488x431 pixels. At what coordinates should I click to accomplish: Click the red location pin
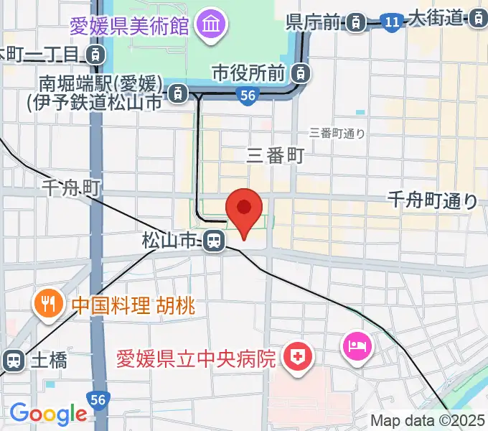point(244,210)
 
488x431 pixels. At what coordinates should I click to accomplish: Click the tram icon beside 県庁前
point(355,24)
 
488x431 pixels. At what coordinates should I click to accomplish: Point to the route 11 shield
point(391,23)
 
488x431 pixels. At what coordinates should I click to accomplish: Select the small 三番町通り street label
point(337,133)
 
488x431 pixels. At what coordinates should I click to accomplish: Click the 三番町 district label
point(276,154)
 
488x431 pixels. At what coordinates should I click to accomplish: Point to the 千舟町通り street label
point(432,200)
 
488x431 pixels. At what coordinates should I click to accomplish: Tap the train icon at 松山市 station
point(212,241)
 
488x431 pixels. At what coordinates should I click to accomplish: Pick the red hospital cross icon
point(295,357)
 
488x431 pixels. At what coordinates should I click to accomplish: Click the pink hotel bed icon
point(357,346)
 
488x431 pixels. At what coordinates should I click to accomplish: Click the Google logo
point(48,414)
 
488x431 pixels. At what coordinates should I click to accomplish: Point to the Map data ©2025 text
point(428,421)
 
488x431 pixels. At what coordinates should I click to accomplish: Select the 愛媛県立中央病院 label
point(197,357)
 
